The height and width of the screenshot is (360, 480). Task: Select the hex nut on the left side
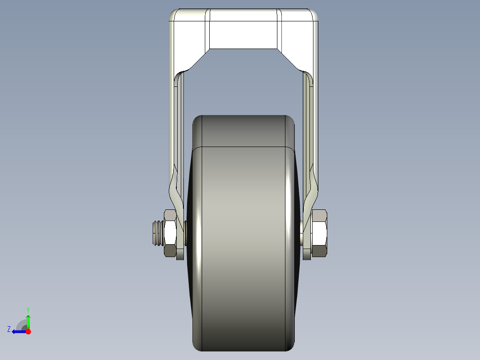[x=170, y=233]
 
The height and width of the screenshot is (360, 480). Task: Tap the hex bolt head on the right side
[x=320, y=233]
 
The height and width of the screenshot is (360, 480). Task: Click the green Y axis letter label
[x=28, y=309]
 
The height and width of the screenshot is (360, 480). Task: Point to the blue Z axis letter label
[x=9, y=329]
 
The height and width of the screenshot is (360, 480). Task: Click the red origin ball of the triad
[x=28, y=331]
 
